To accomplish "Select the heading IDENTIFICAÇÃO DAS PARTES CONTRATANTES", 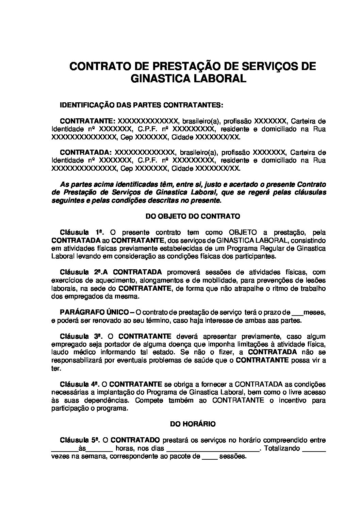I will [142, 105].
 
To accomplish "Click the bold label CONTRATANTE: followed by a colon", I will [88, 121].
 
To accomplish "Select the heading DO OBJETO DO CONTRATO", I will [193, 216].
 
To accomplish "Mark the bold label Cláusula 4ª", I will [79, 385].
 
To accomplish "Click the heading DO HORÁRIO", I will [193, 424].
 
